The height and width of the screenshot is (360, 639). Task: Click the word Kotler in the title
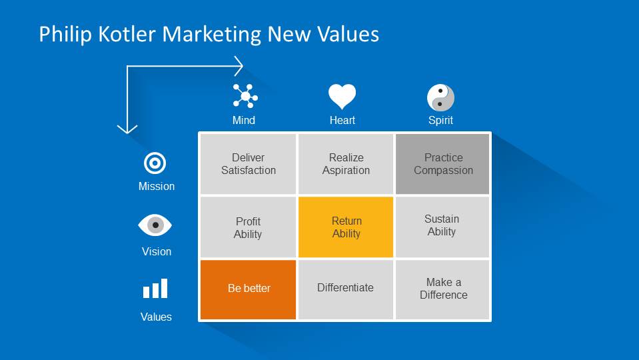click(127, 34)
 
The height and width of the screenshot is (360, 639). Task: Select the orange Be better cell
click(248, 289)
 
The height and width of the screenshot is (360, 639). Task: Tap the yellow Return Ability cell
click(346, 227)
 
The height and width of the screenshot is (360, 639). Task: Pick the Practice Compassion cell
click(442, 164)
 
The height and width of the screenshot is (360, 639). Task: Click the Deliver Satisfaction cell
click(248, 164)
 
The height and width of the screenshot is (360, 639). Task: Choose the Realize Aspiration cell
click(346, 164)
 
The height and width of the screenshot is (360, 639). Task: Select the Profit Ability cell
click(248, 227)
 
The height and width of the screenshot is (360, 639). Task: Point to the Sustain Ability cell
click(442, 227)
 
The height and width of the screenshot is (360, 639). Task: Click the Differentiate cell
click(346, 289)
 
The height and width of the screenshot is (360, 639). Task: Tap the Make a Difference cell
click(442, 289)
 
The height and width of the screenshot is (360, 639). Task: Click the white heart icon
click(342, 96)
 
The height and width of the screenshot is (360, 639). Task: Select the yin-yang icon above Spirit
click(440, 97)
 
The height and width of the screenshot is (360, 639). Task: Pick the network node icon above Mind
click(245, 96)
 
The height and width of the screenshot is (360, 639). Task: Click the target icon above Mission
click(155, 163)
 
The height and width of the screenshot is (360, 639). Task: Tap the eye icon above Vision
click(155, 225)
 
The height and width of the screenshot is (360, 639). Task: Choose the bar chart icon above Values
click(155, 289)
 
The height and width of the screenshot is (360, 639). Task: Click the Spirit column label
click(440, 120)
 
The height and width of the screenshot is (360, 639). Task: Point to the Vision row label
click(157, 251)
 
